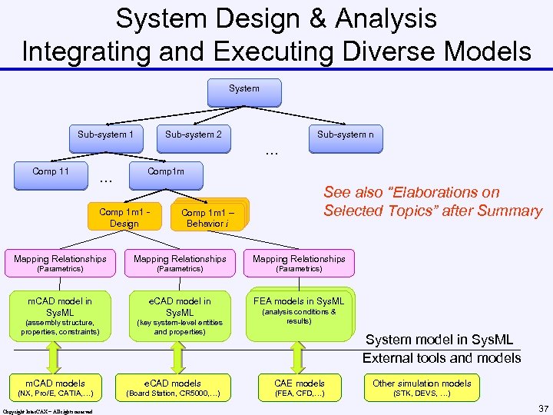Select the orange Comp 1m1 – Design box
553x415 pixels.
(124, 217)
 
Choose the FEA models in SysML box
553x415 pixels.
(299, 312)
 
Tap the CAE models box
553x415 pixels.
(300, 388)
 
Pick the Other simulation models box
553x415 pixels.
(422, 388)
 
